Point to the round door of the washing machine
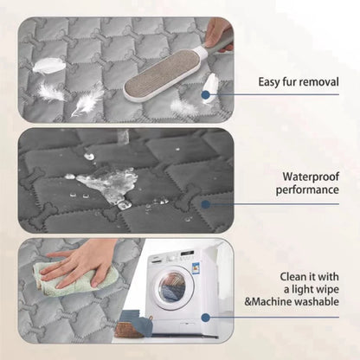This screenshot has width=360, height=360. point(173,285)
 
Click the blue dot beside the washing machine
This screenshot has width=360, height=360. point(206,317)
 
